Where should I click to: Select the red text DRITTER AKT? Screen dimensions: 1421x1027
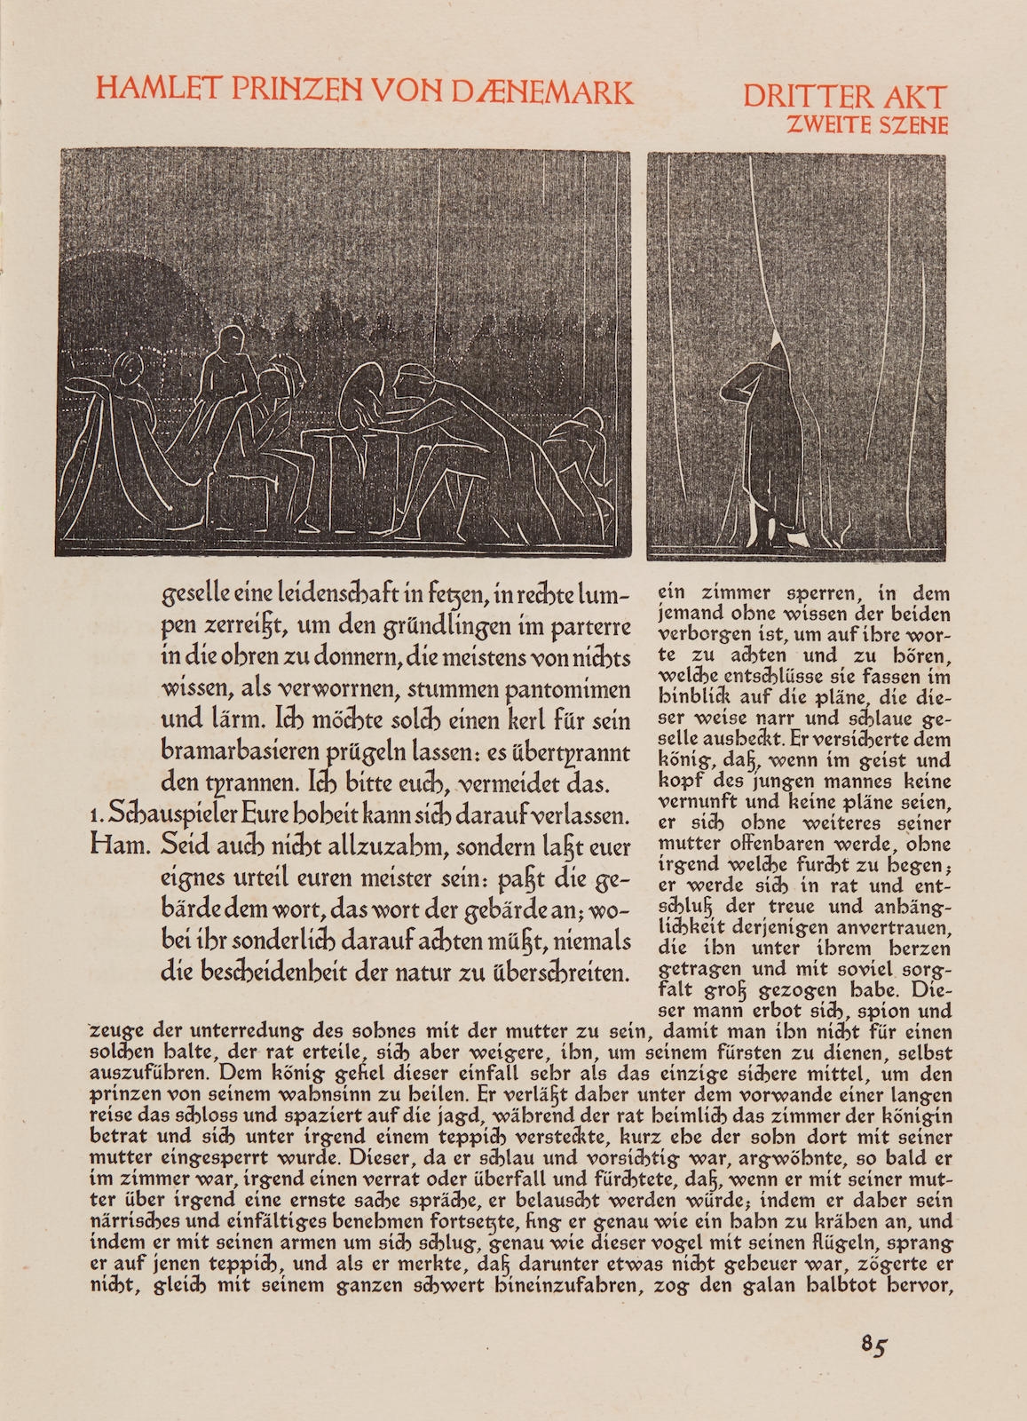[x=844, y=96]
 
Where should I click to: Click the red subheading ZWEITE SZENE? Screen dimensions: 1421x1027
[x=867, y=125]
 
